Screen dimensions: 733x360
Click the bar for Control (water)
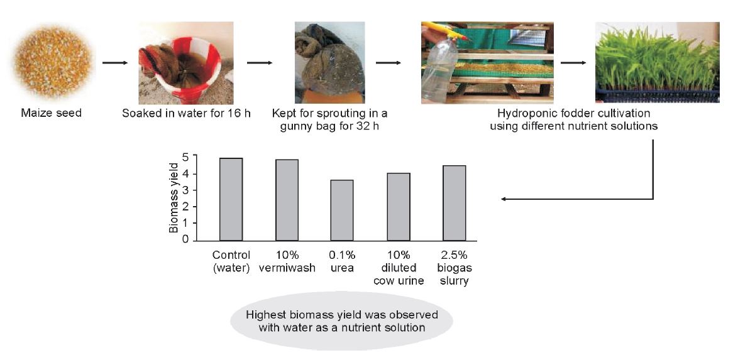pos(231,199)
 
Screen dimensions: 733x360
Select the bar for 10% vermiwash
pos(287,200)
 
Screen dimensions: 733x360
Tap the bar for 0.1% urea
pos(342,210)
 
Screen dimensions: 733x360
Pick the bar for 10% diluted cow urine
pos(399,207)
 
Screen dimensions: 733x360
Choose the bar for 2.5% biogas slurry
pos(455,203)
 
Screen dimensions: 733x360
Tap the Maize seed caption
pos(51,114)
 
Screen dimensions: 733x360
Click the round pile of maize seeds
pos(52,61)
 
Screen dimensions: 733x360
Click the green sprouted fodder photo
pos(657,62)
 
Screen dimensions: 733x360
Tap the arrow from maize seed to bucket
pos(114,62)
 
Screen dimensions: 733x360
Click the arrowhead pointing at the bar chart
pos(504,199)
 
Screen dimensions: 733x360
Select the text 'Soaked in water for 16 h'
pos(187,114)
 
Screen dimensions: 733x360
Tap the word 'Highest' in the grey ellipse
pos(264,314)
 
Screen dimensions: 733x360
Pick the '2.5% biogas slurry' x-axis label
pos(454,268)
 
